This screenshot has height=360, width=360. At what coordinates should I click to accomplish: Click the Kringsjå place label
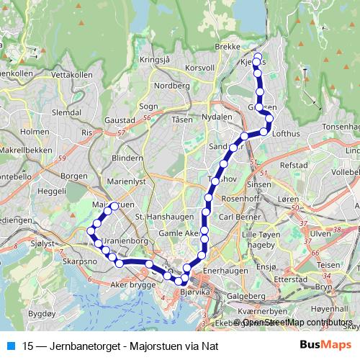pos(154,60)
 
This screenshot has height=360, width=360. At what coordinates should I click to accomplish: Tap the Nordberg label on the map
pos(172,85)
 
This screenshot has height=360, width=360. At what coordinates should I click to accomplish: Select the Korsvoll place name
pos(199,67)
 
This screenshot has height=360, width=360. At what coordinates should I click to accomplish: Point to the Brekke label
pos(228,45)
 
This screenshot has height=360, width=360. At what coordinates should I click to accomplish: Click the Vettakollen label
pos(73,74)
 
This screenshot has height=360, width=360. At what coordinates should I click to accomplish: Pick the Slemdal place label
pos(67,113)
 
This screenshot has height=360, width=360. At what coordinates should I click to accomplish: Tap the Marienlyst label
pos(125,182)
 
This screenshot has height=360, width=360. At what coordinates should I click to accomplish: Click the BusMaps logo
pos(325,345)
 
